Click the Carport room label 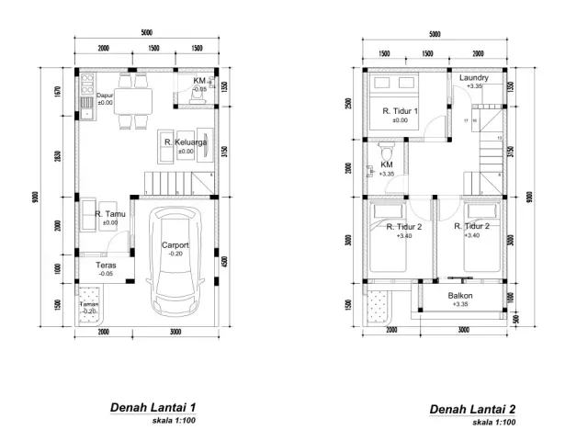[175, 245]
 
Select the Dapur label [104, 95]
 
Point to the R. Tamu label [110, 213]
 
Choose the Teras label [107, 265]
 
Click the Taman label [88, 304]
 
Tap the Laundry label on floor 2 [474, 78]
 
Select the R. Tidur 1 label [401, 111]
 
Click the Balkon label [460, 295]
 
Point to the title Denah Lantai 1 [153, 407]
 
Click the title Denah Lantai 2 [472, 410]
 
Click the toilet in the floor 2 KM [387, 151]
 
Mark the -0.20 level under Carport [175, 254]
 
